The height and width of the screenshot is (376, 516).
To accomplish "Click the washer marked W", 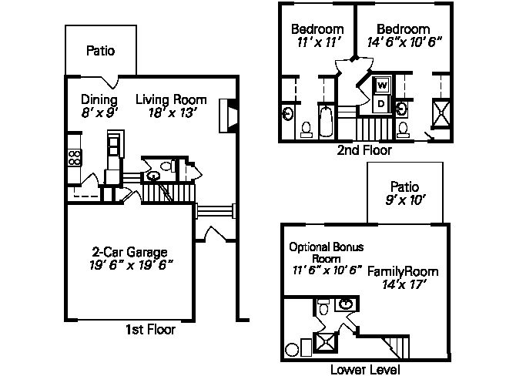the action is pos(382,85).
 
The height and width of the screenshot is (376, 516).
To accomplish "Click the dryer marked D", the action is pos(381,104).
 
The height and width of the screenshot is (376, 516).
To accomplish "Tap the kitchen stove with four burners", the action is pos(75,157).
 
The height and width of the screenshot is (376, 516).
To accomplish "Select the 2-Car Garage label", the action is pos(129,252).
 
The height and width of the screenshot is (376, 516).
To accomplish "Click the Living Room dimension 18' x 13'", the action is pos(173,113).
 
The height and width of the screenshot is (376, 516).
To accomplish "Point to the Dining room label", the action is pos(99,99).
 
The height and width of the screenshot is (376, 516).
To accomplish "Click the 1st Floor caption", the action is pos(150,329).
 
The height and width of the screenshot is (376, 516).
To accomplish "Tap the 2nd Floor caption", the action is pos(364,150).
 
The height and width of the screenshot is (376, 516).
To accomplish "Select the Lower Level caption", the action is pos(365,370).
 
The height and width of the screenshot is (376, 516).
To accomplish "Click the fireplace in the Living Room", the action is pos(228,116).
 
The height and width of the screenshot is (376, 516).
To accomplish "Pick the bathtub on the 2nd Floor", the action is pos(326,121).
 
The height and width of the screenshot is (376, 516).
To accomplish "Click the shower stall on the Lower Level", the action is pos(325,343).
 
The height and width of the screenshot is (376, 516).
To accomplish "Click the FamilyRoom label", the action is pos(403,272).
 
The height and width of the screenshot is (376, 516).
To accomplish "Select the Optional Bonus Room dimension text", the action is pos(327,270).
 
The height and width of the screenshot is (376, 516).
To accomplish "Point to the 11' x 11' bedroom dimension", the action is pos(318,42).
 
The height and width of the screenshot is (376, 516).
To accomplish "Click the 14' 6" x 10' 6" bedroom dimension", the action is pos(404,42).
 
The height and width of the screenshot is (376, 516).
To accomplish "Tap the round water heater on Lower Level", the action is pos(292,350).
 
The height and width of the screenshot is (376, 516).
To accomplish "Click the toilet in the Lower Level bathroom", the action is pos(323,306).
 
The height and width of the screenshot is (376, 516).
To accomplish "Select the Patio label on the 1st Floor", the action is pos(100,51).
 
